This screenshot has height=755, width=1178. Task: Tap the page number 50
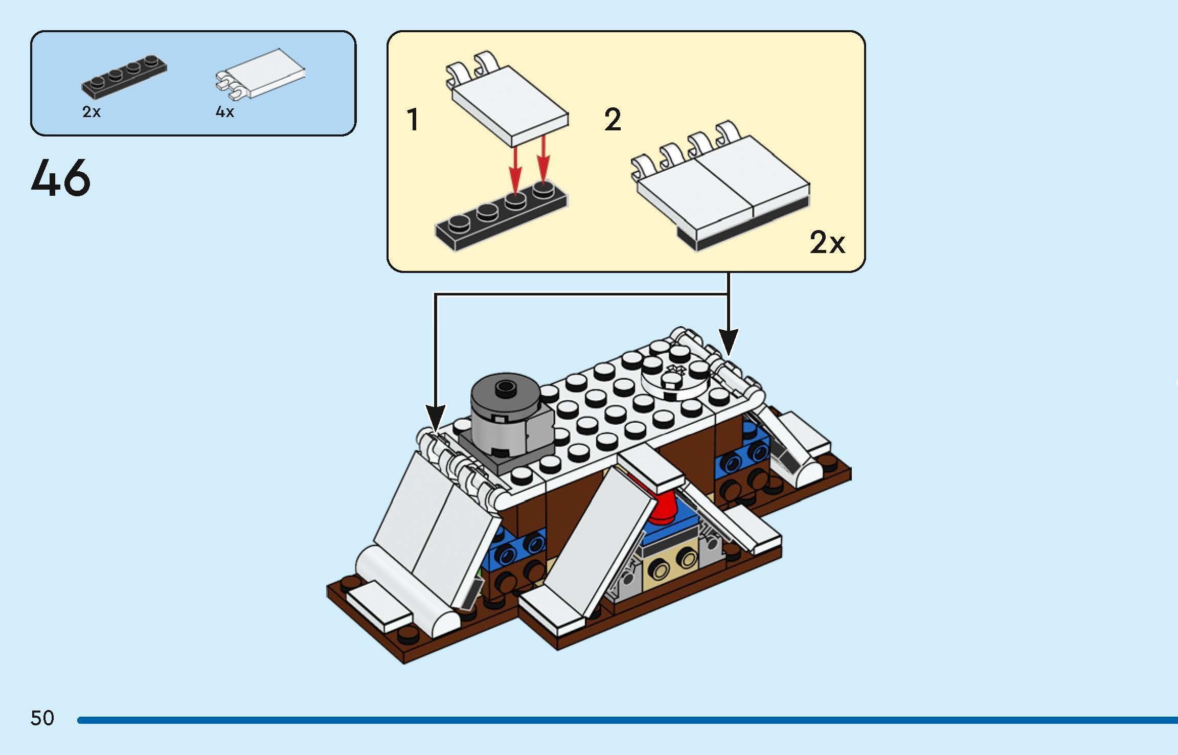[x=42, y=718]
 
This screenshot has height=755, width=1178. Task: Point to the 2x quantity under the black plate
[x=92, y=112]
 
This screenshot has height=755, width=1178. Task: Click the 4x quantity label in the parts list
[x=225, y=112]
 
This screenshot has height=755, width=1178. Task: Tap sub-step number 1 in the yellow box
[x=413, y=120]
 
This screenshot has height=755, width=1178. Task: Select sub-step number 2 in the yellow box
[x=613, y=120]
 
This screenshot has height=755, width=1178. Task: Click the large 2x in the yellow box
[x=827, y=242]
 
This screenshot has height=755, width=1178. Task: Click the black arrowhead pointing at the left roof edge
[x=435, y=417]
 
